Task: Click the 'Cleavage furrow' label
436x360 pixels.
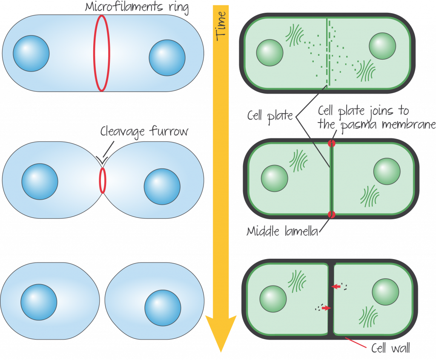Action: point(144,131)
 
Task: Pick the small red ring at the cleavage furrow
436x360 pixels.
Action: point(102,180)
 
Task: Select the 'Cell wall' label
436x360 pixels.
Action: point(390,349)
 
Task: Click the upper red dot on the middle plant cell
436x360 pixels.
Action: point(331,144)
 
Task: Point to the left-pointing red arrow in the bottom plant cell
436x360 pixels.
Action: point(337,287)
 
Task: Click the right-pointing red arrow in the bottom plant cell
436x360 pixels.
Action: point(326,308)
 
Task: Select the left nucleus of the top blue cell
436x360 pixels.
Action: point(31,53)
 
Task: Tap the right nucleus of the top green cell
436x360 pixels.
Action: point(382,46)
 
